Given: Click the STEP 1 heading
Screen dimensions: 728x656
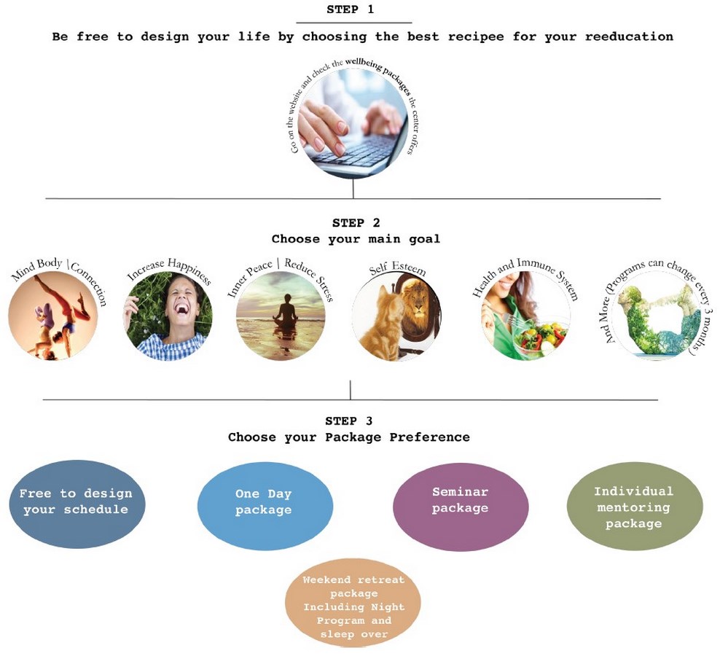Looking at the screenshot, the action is pos(350,9).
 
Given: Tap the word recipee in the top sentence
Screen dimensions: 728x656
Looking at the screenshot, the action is pos(475,36).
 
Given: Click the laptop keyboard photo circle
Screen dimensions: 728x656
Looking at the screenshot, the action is pos(353,124).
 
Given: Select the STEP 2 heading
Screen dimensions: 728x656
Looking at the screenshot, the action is pos(356,223).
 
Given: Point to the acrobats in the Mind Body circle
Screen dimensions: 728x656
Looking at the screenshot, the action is pos(58,318).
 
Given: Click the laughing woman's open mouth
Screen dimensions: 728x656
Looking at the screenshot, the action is pos(181,308).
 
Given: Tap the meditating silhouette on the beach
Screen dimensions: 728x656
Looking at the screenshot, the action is pos(286,310).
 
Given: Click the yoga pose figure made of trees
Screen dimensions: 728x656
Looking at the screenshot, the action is pos(657,321).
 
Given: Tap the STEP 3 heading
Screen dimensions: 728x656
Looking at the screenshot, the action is pos(348,421).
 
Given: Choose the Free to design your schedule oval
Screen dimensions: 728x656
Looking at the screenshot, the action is pos(77,504).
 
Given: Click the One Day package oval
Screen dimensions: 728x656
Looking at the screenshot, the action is pos(265,506).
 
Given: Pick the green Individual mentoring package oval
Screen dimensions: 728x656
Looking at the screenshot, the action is pos(635,507).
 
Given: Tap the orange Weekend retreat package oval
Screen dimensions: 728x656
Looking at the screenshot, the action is pos(353,604).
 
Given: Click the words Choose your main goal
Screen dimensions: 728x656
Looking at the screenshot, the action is pos(356,239).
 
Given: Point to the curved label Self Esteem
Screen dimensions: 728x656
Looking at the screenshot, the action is pos(397,268).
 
